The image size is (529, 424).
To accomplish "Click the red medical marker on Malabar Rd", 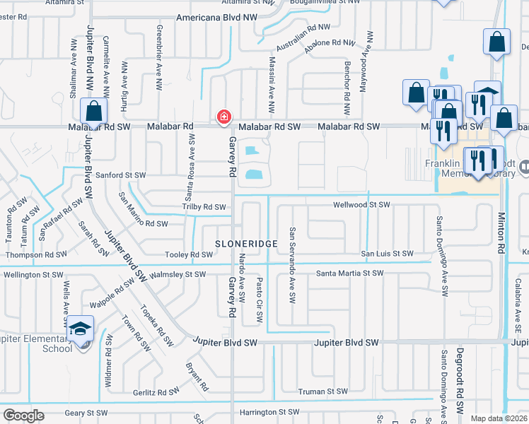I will click(x=224, y=116).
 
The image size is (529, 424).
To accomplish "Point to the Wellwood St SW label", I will click(x=362, y=204).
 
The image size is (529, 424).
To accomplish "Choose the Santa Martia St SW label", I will click(x=349, y=273).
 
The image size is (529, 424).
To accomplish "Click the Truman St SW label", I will click(x=322, y=391).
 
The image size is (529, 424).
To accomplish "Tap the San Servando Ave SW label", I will click(x=291, y=262).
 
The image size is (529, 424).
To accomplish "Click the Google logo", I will click(x=24, y=416).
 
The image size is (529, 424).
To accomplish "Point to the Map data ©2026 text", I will click(x=498, y=418).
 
